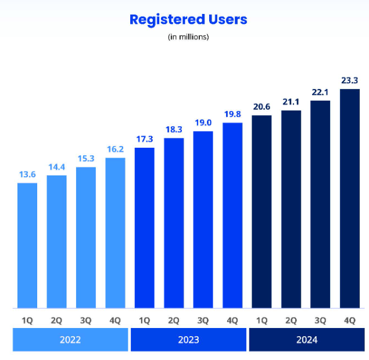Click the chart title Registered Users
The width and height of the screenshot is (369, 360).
pos(188,19)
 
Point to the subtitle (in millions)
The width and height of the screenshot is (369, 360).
pos(188,37)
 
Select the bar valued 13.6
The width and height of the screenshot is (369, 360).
pos(27,245)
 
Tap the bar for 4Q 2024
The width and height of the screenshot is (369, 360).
pos(350,198)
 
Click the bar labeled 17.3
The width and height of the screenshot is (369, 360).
pos(145,227)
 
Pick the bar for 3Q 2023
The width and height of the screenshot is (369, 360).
pos(203,219)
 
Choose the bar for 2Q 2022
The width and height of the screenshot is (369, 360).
pos(56,241)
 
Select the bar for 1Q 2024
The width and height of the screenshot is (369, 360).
pos(262,212)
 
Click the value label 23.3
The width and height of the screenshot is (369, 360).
pos(350,80)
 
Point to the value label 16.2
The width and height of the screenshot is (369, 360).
pos(115,149)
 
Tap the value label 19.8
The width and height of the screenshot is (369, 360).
pos(232,114)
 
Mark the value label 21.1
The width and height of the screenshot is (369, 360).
pos(291,102)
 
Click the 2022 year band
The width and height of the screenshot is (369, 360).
pos(70,340)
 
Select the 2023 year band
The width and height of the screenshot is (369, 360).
pos(188,340)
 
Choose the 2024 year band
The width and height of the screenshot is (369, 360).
pos(306,340)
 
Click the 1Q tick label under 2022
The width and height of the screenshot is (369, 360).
pos(27,319)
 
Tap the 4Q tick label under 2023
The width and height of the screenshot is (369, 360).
pos(232,319)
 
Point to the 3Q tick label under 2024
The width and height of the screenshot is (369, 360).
pos(320,319)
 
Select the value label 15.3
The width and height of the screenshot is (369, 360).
pos(86,158)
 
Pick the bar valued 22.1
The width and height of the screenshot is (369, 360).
pos(320,204)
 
